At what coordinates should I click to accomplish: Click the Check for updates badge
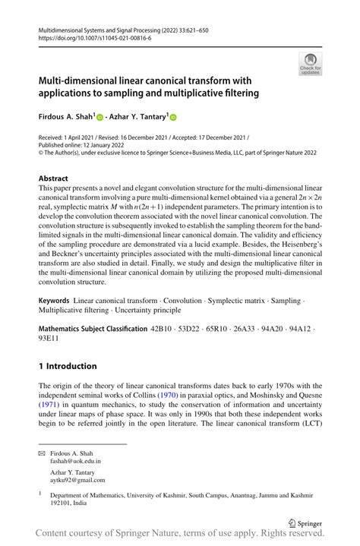(310, 64)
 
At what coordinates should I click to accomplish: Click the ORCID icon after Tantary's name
(172, 117)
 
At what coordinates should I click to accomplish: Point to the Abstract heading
(58, 178)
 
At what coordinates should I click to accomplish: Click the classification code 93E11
(50, 339)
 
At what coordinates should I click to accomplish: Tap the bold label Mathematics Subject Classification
(93, 329)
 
